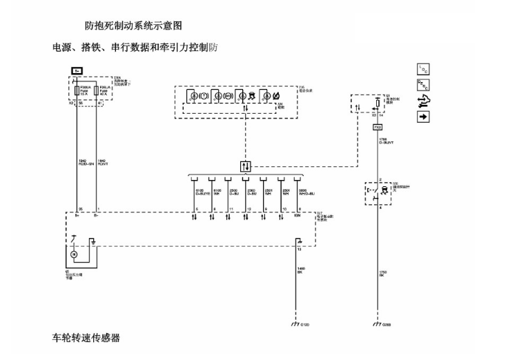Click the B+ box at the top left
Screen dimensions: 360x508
coord(77,71)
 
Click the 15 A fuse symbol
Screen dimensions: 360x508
coord(77,92)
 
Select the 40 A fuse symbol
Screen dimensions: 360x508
coord(96,92)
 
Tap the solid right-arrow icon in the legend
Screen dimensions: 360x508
coord(424,117)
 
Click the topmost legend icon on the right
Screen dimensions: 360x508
coord(424,68)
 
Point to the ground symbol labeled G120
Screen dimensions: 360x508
coord(297,323)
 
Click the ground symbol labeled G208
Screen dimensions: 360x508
coord(378,323)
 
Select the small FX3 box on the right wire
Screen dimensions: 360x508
coord(378,128)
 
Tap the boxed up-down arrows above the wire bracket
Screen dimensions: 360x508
coord(246,166)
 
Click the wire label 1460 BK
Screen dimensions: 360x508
coord(301,270)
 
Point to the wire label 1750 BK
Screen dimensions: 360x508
coord(382,274)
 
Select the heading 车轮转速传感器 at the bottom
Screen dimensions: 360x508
coord(86,338)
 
